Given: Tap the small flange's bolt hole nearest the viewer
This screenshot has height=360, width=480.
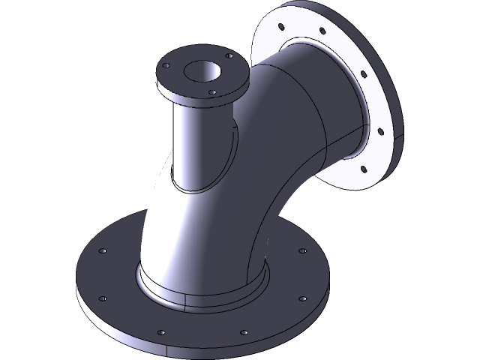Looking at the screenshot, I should click(x=214, y=92).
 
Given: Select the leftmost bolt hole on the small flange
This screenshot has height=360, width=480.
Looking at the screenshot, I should click(x=169, y=66).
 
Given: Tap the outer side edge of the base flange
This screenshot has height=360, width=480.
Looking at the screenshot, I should click(x=120, y=330).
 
